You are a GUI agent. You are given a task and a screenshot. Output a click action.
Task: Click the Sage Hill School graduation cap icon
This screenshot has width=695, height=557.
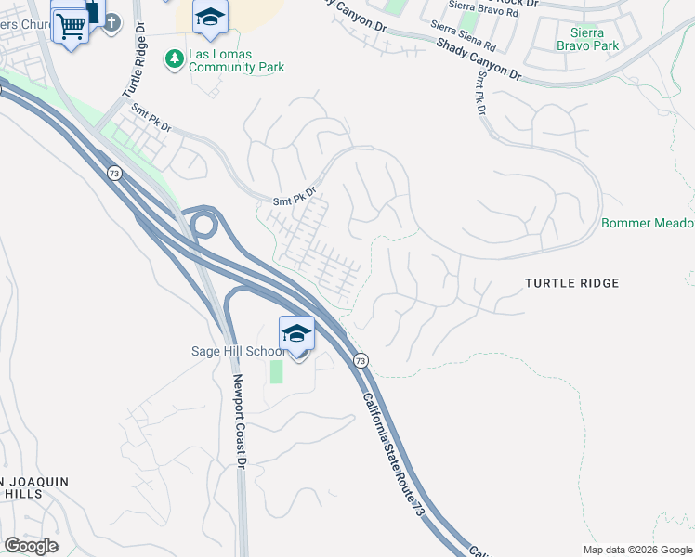click(296, 332)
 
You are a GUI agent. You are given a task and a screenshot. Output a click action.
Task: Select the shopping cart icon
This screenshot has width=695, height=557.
click(71, 26)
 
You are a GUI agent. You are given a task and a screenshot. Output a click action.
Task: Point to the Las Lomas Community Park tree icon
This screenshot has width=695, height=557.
click(174, 59)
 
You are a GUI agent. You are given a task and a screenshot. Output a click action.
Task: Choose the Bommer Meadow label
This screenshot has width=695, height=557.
click(648, 224)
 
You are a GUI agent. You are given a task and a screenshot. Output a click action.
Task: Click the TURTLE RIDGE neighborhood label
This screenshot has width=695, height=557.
click(571, 283)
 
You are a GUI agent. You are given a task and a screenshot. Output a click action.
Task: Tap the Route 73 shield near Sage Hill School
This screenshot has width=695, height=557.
click(361, 359)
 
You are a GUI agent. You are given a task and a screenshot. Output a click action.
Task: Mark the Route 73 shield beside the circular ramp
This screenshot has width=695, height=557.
click(113, 173)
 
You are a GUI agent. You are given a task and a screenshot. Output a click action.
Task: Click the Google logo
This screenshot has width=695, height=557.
click(31, 546)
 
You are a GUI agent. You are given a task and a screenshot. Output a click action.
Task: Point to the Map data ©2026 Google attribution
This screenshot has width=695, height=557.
click(637, 550)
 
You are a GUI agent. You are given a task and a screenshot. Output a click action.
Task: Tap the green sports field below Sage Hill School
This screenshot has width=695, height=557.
click(276, 371)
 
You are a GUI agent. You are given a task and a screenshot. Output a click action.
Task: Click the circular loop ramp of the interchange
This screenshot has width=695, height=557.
click(203, 224)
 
